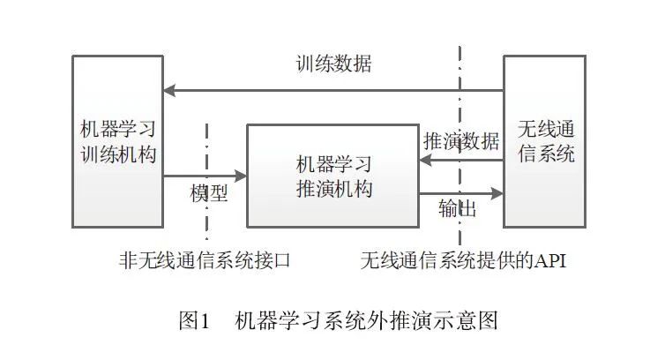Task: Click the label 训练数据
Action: coord(332,64)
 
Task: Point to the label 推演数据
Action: coord(461,140)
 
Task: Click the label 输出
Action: coord(458,209)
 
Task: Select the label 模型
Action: coord(209,193)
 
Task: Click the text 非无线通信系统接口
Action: coord(205,261)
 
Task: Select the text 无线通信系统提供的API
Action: coord(463,261)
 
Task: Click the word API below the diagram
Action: coord(546,261)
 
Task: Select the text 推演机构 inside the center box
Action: coord(332,189)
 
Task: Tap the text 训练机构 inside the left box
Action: coord(117,154)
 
